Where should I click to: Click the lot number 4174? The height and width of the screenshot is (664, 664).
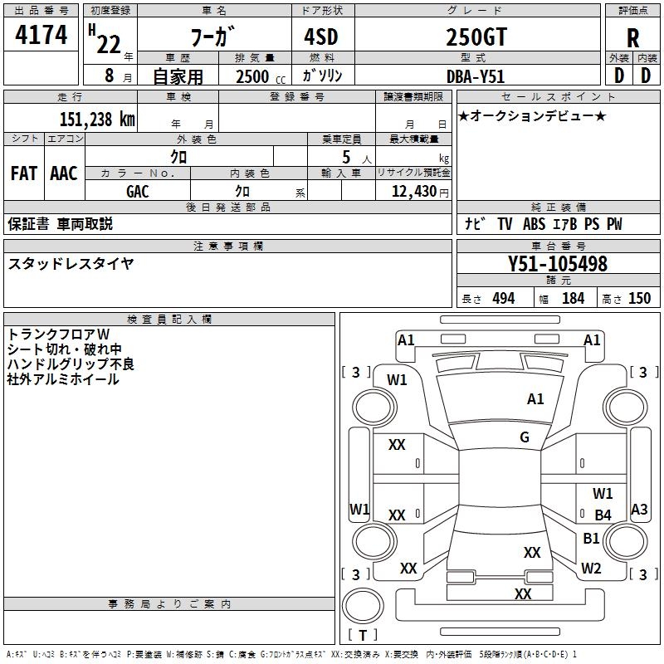pos(41,36)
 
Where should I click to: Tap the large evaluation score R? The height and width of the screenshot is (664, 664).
pos(632,39)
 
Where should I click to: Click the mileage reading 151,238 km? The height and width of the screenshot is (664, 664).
pos(96,120)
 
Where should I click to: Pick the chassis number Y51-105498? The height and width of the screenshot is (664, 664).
pos(558,265)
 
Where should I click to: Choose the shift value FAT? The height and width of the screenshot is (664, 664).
pos(23,173)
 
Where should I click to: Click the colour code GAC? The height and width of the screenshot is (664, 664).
pos(138,192)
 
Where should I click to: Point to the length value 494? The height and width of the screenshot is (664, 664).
pos(503,299)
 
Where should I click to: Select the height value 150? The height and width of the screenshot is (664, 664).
pos(639,299)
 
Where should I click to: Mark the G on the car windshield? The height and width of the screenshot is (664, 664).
pos(525,437)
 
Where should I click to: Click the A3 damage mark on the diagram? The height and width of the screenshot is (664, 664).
pos(639,510)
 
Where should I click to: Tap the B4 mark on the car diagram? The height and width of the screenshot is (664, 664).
pos(603,515)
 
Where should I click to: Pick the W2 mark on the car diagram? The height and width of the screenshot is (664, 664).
pos(591,569)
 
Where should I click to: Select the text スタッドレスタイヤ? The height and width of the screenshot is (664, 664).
pos(71,264)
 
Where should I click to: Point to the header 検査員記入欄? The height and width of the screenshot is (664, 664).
pos(169,320)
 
